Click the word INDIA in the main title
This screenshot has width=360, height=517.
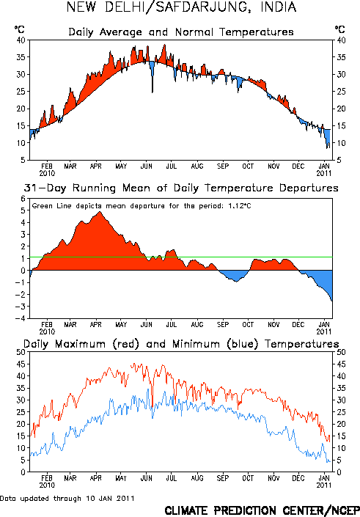279,7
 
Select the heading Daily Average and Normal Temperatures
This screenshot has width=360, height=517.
181,32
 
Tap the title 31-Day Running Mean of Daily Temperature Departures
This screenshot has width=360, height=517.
181,188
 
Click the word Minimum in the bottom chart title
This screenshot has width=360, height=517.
196,344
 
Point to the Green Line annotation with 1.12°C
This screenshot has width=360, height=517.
142,206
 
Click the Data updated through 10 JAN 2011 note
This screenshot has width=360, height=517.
67,498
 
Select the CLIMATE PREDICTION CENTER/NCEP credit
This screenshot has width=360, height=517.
262,510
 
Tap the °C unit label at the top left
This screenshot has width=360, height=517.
20,29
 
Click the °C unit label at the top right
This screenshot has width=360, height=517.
340,29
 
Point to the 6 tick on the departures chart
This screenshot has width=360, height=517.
23,199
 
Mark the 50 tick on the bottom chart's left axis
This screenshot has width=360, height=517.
21,352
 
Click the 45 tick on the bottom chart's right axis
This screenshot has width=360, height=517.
341,364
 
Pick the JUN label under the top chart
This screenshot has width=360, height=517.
147,166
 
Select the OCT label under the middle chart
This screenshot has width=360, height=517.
248,325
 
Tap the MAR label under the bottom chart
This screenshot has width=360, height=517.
70,478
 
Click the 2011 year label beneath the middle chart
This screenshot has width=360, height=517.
324,331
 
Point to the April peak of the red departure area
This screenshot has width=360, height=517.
100,212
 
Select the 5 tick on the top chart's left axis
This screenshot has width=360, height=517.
23,161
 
